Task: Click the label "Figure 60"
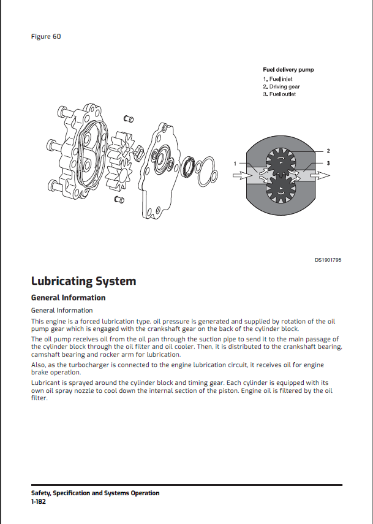coord(45,36)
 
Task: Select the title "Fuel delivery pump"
coord(288,70)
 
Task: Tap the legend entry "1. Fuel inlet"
coord(279,79)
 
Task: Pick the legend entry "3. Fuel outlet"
coord(279,94)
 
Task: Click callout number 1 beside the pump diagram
coord(235,163)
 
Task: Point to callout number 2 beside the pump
coord(328,151)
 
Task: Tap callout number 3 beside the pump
coord(328,163)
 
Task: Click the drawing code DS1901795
coord(328,260)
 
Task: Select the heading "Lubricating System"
coord(83,281)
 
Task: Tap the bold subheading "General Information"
coord(68,298)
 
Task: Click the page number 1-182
coord(38,501)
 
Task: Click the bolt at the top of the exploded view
coord(129,118)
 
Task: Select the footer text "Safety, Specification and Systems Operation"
coord(95,493)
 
